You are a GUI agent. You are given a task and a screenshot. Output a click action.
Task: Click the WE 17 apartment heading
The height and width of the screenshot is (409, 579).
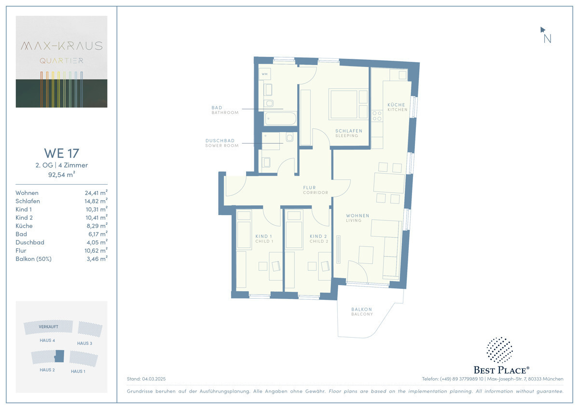click(x=62, y=153)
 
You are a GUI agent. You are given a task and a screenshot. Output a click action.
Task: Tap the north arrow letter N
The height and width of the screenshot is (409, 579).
click(x=547, y=39)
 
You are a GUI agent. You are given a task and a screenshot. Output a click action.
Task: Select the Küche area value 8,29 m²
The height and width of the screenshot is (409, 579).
click(x=97, y=226)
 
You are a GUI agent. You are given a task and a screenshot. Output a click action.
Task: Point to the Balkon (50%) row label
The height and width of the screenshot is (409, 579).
click(x=33, y=259)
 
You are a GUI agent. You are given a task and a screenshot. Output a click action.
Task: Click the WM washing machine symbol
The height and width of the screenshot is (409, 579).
click(x=264, y=74)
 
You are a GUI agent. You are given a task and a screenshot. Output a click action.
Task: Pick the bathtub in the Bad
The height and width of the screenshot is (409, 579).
click(x=280, y=119)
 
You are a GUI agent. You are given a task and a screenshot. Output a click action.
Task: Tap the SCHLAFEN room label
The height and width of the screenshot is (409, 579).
click(x=349, y=131)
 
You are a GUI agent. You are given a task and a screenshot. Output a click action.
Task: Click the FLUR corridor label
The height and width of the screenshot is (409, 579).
click(x=309, y=188)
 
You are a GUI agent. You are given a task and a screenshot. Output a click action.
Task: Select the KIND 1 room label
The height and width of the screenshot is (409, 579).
click(x=263, y=236)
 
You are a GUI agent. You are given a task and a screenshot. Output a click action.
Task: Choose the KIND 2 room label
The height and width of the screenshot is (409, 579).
click(x=318, y=236)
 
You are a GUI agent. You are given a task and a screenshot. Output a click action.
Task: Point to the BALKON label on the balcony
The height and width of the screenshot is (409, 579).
click(x=361, y=309)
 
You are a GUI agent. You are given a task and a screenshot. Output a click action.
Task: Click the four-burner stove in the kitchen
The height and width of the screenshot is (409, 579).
click(x=377, y=116)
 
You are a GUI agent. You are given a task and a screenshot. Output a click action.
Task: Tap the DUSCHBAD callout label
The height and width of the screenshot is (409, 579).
click(x=220, y=140)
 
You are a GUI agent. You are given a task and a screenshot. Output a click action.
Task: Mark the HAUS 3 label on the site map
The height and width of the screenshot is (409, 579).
click(x=84, y=343)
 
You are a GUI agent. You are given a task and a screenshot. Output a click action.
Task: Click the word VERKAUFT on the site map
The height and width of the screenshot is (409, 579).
click(x=48, y=327)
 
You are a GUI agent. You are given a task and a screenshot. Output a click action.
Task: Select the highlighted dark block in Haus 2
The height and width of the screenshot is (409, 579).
click(x=59, y=356)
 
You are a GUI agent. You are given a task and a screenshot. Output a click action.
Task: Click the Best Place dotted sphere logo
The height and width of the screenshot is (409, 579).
click(x=499, y=350)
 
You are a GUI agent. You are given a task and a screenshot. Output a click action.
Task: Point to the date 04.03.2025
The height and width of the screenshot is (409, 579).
click(x=154, y=379)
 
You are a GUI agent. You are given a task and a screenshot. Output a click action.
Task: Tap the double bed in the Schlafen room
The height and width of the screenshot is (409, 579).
click(x=348, y=104)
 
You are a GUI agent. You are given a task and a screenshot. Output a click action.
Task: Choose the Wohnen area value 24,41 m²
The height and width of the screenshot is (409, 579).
click(x=96, y=193)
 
